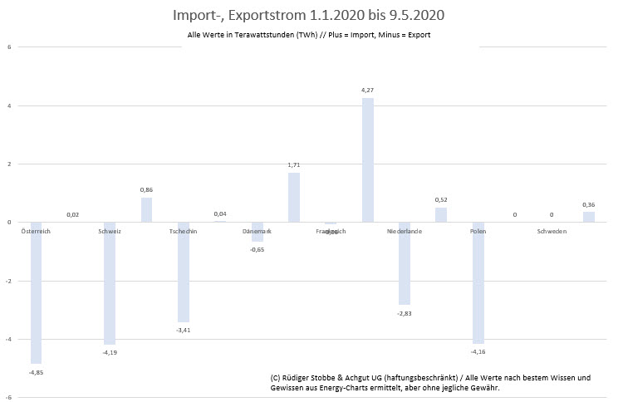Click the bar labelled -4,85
37,292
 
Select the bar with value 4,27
367,159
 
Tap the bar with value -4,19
110,283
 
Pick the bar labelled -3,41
184,272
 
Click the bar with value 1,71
294,197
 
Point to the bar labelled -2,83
405,263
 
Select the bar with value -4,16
478,282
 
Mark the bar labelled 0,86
147,209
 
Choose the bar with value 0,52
441,214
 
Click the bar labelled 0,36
588,217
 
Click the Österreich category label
36,231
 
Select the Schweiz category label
110,231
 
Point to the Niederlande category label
405,231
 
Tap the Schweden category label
552,231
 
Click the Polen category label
478,231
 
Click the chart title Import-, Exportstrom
309,15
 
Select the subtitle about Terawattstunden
309,35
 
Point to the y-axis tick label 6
9,47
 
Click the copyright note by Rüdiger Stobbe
430,382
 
